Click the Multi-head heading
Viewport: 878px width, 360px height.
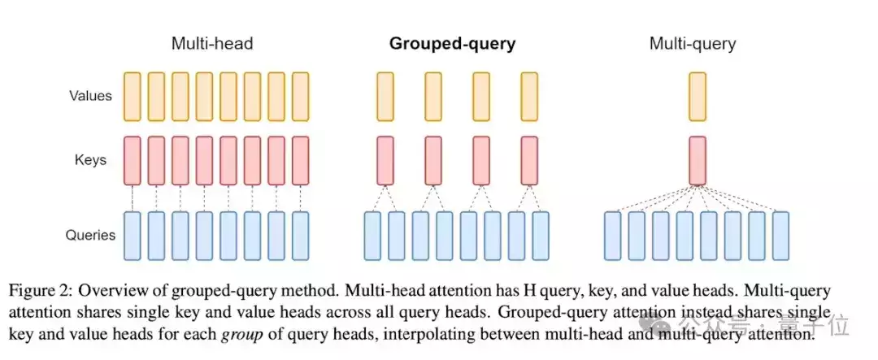[212, 44]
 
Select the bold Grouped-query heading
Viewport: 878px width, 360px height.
[453, 44]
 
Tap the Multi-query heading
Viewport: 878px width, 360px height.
[693, 44]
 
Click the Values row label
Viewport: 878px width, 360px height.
[91, 96]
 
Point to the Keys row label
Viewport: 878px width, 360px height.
[91, 161]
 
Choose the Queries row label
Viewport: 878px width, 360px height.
[91, 235]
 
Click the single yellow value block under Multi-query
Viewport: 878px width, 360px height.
[698, 97]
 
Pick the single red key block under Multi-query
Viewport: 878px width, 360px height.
[698, 161]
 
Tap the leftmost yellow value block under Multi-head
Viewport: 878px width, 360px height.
[133, 97]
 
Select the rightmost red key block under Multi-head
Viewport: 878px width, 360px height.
[301, 161]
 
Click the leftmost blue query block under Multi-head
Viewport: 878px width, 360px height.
[133, 236]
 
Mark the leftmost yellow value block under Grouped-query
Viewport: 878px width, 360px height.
[385, 97]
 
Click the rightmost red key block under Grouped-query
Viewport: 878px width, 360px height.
[529, 161]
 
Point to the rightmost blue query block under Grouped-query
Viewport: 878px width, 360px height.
[541, 236]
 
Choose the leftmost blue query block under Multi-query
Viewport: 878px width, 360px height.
[613, 236]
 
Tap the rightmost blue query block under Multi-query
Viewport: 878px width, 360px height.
[780, 236]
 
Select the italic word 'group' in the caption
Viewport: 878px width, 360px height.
[238, 337]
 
